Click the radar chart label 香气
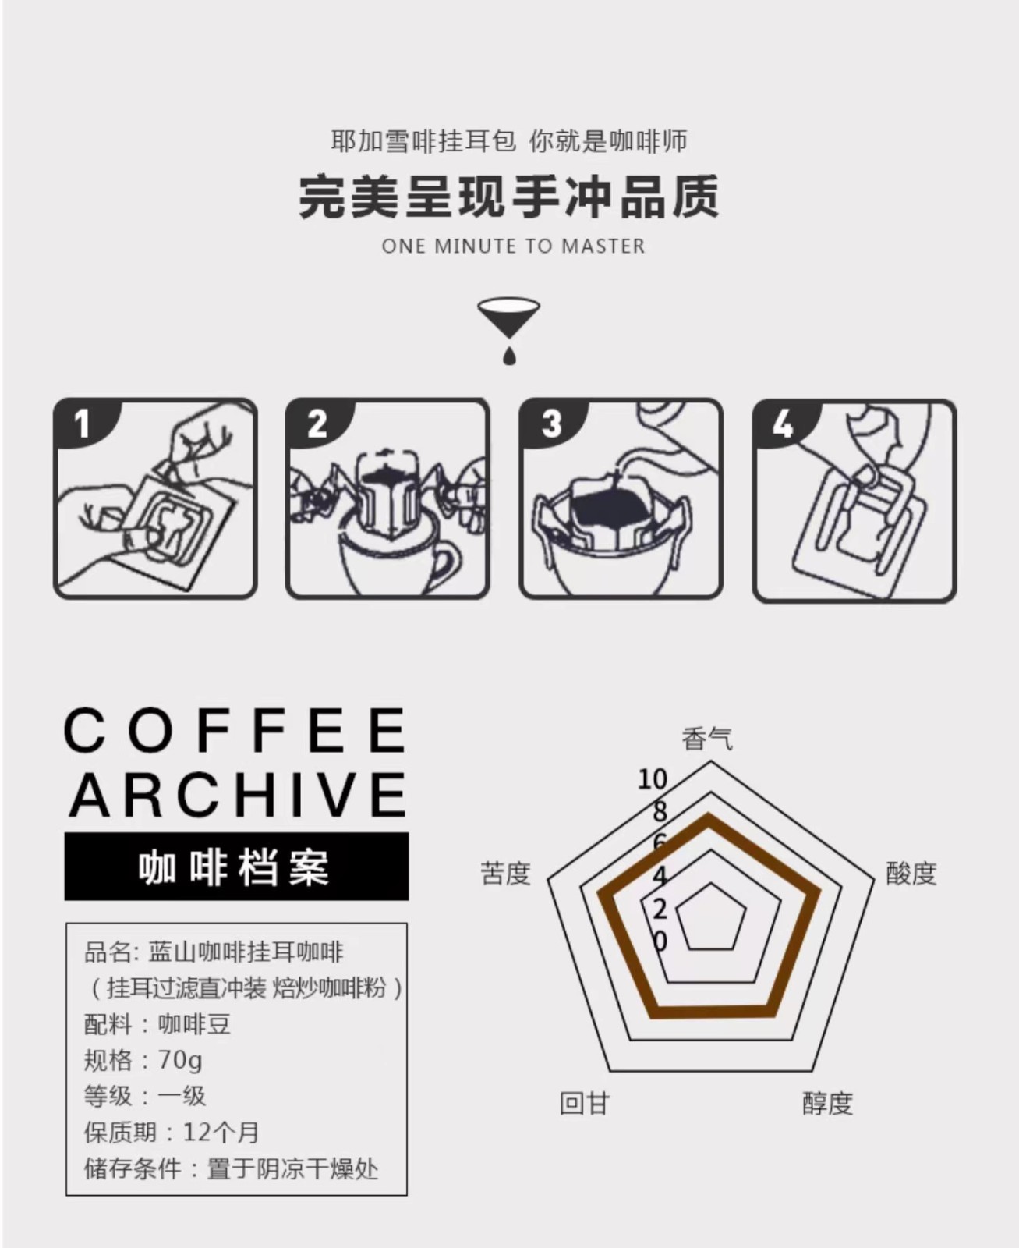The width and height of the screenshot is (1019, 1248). tap(707, 739)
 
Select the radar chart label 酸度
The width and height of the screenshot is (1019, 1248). tap(911, 874)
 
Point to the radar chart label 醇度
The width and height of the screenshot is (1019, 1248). tap(827, 1104)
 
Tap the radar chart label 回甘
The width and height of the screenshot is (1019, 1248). tap(585, 1104)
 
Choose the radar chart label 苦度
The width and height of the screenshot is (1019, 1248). tap(506, 874)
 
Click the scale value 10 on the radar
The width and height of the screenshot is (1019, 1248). tap(653, 779)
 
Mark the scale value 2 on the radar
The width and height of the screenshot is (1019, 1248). tap(660, 909)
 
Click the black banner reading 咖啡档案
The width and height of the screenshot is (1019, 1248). tap(236, 867)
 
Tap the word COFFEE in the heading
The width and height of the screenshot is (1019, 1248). tap(235, 730)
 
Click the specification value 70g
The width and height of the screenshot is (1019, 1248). tap(180, 1060)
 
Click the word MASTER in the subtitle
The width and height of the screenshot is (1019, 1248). tap(603, 246)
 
